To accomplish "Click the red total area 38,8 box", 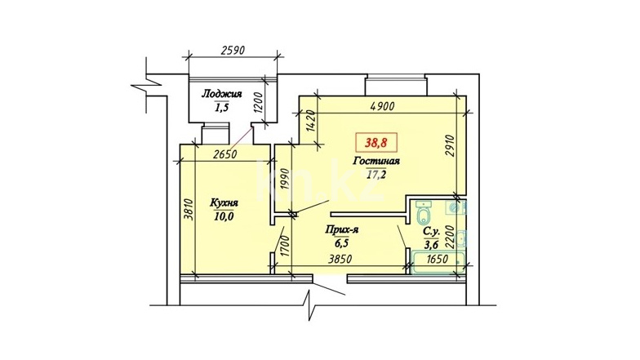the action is (x=376, y=143).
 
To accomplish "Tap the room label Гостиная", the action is (x=376, y=161).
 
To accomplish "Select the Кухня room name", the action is (x=224, y=202).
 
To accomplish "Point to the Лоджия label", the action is (x=222, y=94).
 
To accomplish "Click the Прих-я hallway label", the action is (x=342, y=230).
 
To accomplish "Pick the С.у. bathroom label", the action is (x=431, y=232).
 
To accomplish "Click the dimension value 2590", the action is (x=232, y=51).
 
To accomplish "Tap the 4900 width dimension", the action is (x=382, y=106).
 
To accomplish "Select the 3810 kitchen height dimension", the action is (x=188, y=210).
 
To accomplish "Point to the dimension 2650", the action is (x=225, y=154).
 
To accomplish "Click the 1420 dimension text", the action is (x=310, y=121).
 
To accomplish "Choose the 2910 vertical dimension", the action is (x=450, y=145).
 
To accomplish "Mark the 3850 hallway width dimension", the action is (x=340, y=260).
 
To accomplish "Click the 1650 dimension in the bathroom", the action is (x=437, y=260).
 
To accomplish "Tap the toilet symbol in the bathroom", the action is (x=424, y=212).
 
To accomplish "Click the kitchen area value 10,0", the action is (x=224, y=216).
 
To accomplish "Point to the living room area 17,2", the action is (x=376, y=175).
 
